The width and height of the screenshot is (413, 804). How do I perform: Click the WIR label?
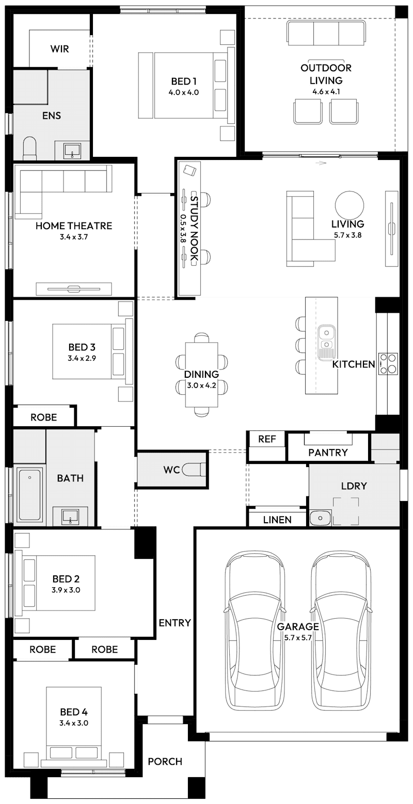click(59, 49)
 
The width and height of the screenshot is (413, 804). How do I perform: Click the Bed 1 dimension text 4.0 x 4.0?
click(183, 93)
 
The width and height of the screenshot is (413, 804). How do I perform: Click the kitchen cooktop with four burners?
click(388, 363)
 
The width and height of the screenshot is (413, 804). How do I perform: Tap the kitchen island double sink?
click(327, 342)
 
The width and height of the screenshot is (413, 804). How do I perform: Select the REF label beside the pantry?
click(267, 439)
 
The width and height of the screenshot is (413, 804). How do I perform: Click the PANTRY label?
click(328, 453)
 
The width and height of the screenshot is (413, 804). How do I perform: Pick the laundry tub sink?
click(321, 517)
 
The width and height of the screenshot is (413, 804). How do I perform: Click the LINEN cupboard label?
click(277, 520)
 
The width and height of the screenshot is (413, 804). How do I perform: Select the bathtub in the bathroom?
click(29, 494)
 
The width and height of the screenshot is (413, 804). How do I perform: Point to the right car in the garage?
click(342, 630)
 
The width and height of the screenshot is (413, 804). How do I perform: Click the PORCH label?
click(165, 761)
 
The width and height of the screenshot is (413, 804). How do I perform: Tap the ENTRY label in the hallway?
click(174, 623)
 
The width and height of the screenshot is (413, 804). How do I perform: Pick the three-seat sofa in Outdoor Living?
click(326, 34)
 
